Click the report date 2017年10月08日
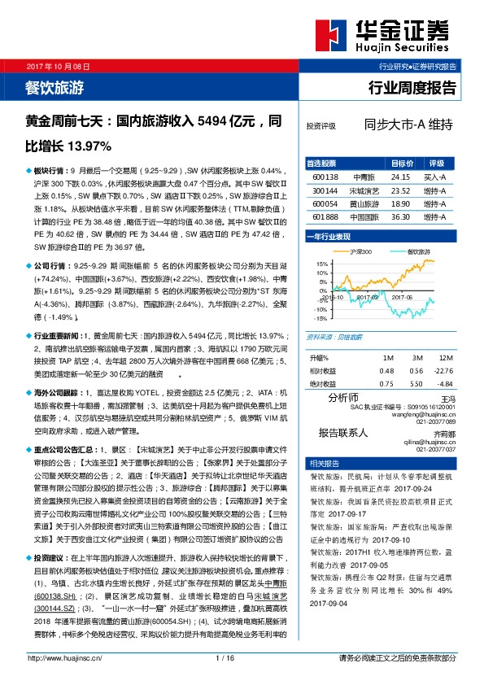point(56,64)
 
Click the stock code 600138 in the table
point(325,177)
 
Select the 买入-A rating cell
point(435,177)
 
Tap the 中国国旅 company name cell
point(362,217)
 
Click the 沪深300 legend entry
point(362,252)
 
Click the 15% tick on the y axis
point(322,264)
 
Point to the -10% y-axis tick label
point(322,309)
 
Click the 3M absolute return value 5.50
point(417,383)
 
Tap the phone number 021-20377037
point(437,449)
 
